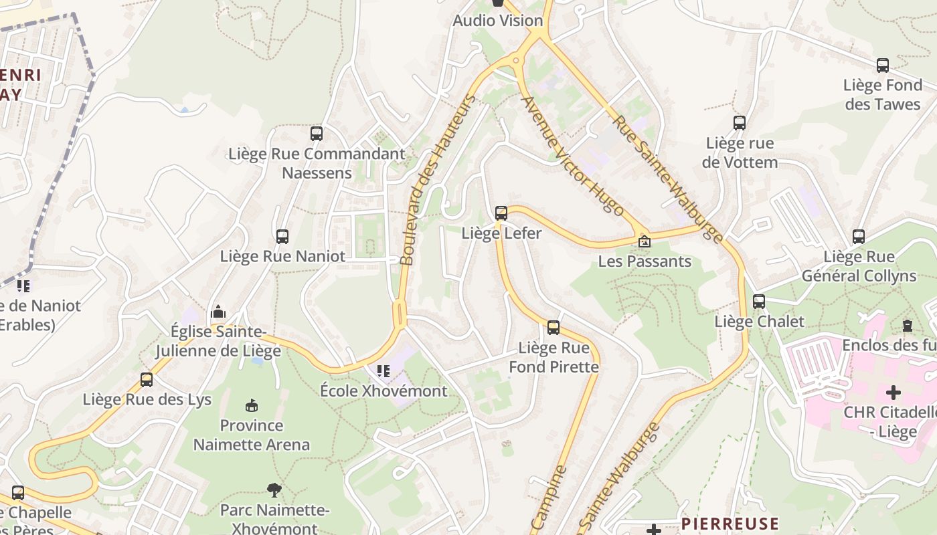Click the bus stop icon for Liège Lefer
(x=501, y=213)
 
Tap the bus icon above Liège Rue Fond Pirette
(x=553, y=328)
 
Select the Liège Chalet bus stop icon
(x=758, y=302)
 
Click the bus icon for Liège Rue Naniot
(x=282, y=236)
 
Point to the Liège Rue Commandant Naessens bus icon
(x=317, y=134)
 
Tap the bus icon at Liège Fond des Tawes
(x=883, y=66)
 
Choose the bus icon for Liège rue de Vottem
(x=740, y=123)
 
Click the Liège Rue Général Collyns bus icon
(x=859, y=237)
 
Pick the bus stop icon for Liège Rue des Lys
(x=147, y=380)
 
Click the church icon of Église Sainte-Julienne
(x=218, y=312)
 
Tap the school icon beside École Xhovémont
(x=384, y=370)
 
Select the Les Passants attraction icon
(x=644, y=241)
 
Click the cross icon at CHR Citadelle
(x=893, y=393)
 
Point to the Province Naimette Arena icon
(x=252, y=405)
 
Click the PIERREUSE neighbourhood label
(x=730, y=524)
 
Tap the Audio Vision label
(x=498, y=21)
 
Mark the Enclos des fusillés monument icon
(x=908, y=326)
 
